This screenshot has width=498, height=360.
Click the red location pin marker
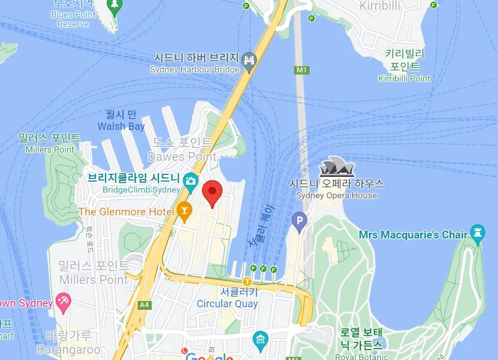click(212, 192)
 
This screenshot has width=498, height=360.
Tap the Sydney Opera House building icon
click(336, 168)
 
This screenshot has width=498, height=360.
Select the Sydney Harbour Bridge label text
click(195, 69)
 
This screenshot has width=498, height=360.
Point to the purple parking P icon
click(299, 222)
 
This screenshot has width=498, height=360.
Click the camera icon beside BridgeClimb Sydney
click(191, 180)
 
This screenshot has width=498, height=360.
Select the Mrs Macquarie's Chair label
click(413, 235)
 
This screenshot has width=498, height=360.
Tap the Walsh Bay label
click(121, 127)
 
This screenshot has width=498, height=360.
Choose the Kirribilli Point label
click(404, 79)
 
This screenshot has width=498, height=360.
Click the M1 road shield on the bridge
click(301, 69)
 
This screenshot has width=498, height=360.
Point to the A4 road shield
click(144, 305)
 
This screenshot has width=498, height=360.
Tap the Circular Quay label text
click(227, 304)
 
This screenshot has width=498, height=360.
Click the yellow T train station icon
click(247, 282)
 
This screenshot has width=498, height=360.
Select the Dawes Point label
click(182, 156)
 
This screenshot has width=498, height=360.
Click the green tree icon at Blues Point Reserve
click(114, 5)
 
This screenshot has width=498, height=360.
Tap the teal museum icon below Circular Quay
click(260, 339)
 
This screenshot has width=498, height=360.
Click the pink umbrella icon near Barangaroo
click(63, 302)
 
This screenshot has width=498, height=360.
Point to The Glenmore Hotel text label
click(126, 212)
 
